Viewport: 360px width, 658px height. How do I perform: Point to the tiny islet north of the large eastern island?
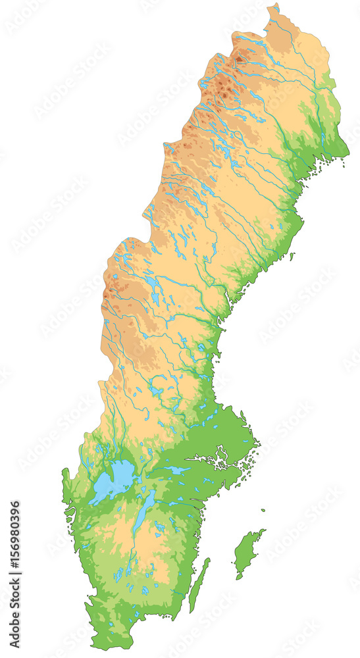click(263, 509)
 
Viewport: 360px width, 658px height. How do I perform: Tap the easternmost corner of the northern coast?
click(348, 155)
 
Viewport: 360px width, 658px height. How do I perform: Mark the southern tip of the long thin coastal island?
click(192, 611)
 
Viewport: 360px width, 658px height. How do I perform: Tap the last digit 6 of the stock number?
click(15, 507)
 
